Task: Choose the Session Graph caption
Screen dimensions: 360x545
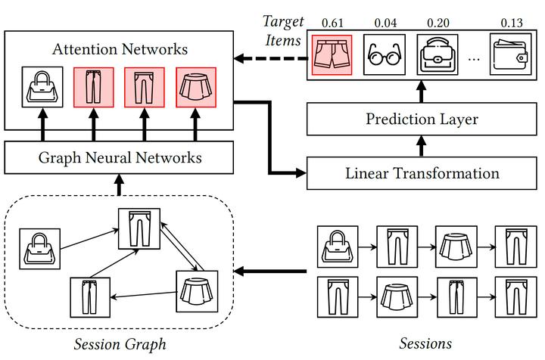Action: tap(120, 345)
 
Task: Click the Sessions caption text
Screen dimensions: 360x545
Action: tap(426, 343)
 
